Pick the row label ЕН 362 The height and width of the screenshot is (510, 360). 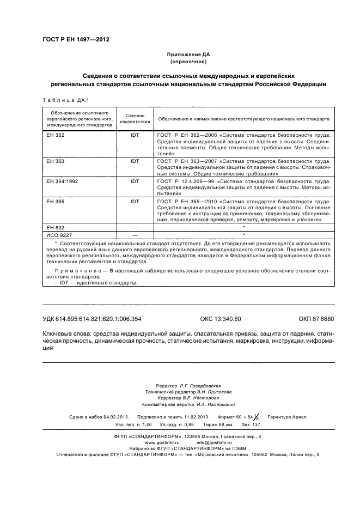tap(55, 135)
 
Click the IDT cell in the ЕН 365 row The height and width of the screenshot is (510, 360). tap(135, 201)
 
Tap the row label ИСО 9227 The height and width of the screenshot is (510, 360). tap(59, 234)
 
